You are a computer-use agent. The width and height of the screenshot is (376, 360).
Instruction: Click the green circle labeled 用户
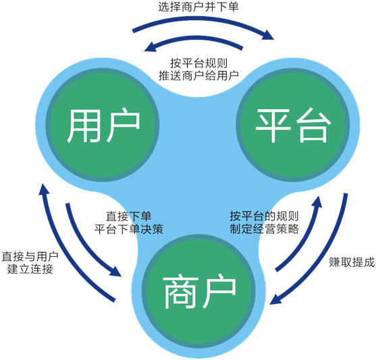point(103,125)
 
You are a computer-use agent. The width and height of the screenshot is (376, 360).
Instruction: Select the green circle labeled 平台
point(293,125)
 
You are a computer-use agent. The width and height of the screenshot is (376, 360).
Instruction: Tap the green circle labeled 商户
point(198,291)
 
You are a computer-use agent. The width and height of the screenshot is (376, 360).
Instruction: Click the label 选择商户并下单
point(198,7)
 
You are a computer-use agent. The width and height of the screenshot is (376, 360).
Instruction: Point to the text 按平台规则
point(198,63)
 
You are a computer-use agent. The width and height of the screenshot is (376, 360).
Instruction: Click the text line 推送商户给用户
point(198,76)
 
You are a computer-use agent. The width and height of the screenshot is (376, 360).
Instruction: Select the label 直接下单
point(129,216)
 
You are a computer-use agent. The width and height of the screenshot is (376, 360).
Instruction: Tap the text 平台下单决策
point(129,229)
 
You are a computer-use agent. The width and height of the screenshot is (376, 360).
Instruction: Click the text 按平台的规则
point(264,216)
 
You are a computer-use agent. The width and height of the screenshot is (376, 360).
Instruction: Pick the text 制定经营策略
point(264,229)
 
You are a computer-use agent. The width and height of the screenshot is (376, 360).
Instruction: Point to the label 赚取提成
point(352,262)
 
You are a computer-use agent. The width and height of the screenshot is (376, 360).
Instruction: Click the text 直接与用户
point(30,257)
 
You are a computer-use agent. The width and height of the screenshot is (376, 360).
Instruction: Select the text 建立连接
point(30,269)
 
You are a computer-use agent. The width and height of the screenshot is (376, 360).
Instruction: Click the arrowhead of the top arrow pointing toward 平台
point(268,35)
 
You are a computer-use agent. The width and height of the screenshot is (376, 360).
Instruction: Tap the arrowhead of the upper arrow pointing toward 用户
point(151,47)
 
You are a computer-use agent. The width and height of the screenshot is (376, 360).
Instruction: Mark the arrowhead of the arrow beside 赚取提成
point(275,299)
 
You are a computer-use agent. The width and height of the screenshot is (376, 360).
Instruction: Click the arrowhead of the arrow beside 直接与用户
point(44,189)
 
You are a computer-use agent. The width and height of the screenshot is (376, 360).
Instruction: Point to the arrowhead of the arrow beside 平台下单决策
point(115,271)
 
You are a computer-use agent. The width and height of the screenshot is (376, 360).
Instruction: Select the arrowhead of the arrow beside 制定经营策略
point(317,202)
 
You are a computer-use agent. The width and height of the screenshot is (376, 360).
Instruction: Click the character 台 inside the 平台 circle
point(313,125)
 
